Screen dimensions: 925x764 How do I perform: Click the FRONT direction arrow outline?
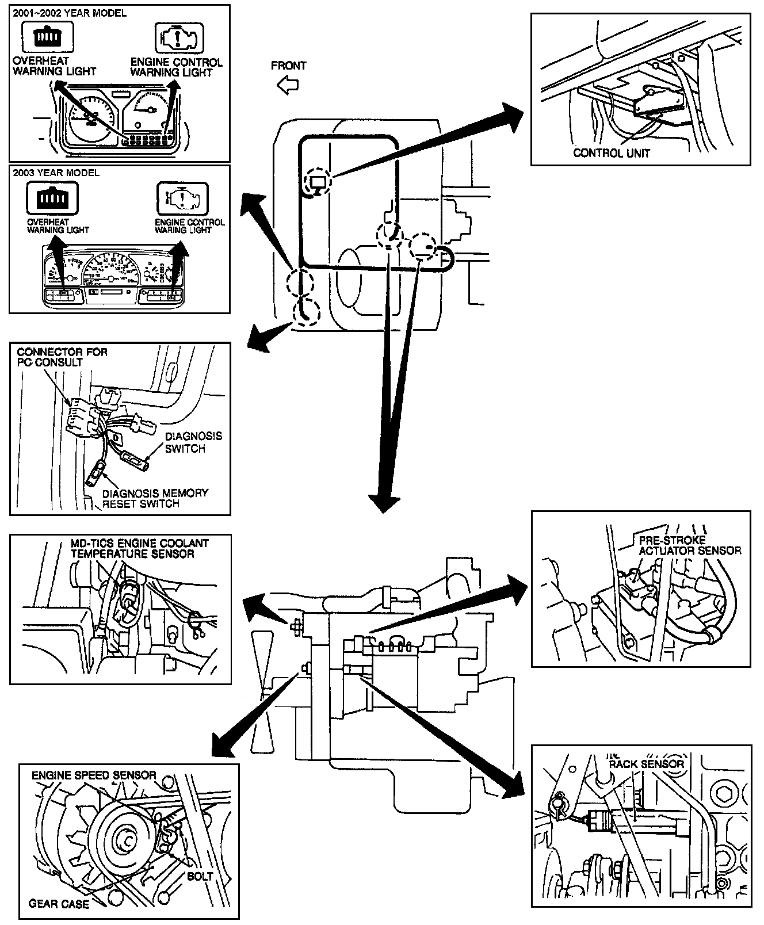pyautogui.click(x=288, y=86)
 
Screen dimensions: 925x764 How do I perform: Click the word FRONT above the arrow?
pyautogui.click(x=288, y=66)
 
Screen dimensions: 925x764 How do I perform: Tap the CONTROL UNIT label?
pyautogui.click(x=612, y=153)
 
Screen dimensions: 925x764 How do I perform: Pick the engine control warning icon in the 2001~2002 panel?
pyautogui.click(x=176, y=37)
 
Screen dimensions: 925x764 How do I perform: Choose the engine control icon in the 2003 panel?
pyautogui.click(x=182, y=199)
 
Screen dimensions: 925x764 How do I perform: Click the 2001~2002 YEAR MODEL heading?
pyautogui.click(x=70, y=13)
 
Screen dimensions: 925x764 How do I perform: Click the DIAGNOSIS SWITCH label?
pyautogui.click(x=193, y=442)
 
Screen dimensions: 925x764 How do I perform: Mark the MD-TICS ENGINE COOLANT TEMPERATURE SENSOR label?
pyautogui.click(x=139, y=548)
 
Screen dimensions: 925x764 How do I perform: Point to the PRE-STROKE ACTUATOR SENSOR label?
pyautogui.click(x=690, y=545)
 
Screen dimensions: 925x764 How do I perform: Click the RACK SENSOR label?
pyautogui.click(x=647, y=764)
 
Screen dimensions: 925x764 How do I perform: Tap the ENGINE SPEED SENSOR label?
pyautogui.click(x=94, y=775)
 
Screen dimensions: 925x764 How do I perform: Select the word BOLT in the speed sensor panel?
pyautogui.click(x=200, y=876)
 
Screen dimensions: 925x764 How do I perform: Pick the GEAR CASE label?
pyautogui.click(x=59, y=904)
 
